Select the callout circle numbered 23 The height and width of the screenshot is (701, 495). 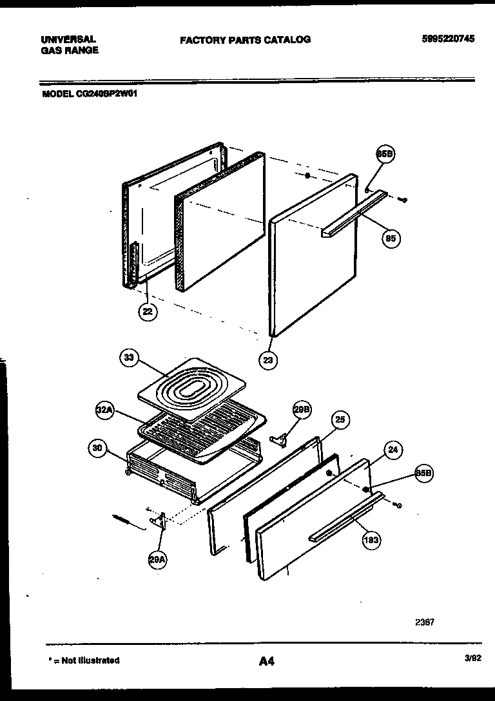(268, 360)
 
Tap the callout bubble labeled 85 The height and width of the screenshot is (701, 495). (390, 238)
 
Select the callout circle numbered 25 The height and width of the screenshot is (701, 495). (340, 421)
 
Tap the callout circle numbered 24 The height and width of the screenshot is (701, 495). (392, 450)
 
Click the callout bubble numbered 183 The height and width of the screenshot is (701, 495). (371, 540)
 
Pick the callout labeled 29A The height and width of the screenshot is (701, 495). (157, 561)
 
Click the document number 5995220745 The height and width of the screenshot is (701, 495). (448, 39)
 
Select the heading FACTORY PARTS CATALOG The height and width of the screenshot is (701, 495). (245, 39)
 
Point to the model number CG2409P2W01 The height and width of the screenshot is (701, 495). (90, 93)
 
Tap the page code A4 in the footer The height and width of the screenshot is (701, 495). (266, 660)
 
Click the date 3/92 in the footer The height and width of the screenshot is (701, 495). (472, 658)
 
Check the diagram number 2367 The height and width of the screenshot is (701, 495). (424, 622)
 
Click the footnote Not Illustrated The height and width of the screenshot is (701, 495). (84, 660)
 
